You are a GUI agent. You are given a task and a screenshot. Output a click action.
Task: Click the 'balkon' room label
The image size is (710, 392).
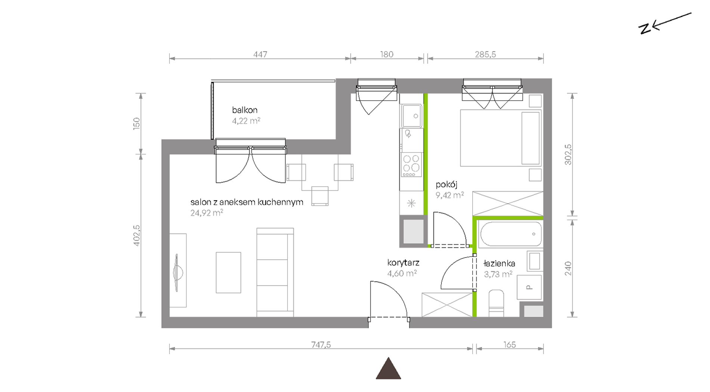(x=245, y=110)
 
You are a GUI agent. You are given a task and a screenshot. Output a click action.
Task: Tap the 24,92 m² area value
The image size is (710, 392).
(x=207, y=213)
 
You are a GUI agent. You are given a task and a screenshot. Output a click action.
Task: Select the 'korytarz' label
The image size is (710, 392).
(x=403, y=263)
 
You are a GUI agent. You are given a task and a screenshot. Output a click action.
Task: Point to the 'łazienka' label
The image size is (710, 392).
(x=499, y=263)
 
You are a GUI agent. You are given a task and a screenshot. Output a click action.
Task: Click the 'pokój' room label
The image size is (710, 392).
(x=447, y=184)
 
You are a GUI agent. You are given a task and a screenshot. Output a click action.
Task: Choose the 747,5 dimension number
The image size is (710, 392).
(x=321, y=345)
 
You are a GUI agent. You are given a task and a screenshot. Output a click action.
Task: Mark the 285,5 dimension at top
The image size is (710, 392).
(x=485, y=55)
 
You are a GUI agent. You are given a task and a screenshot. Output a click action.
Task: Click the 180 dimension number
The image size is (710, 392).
(x=387, y=55)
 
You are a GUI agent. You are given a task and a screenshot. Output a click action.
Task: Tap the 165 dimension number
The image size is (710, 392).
(x=510, y=345)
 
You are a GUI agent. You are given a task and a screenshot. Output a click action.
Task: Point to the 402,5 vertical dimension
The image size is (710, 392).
(x=136, y=235)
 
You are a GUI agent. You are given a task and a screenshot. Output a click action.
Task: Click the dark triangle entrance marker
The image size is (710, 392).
(x=388, y=369)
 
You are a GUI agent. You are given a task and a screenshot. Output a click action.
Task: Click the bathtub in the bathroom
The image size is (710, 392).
(x=511, y=234)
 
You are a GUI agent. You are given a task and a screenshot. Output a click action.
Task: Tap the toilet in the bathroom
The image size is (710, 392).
(x=496, y=303)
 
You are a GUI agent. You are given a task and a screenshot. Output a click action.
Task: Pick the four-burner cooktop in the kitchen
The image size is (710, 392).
(x=411, y=165)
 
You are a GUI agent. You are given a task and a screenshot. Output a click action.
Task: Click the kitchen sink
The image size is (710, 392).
(x=412, y=116)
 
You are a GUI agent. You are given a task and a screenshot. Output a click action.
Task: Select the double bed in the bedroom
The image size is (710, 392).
(x=501, y=138)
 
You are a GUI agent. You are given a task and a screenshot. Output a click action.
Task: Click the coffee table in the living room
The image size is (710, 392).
(x=228, y=273)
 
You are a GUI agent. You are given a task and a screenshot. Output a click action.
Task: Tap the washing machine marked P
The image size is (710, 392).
(x=530, y=287)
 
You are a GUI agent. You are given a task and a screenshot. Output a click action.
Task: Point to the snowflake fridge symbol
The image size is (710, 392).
(x=411, y=203)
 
